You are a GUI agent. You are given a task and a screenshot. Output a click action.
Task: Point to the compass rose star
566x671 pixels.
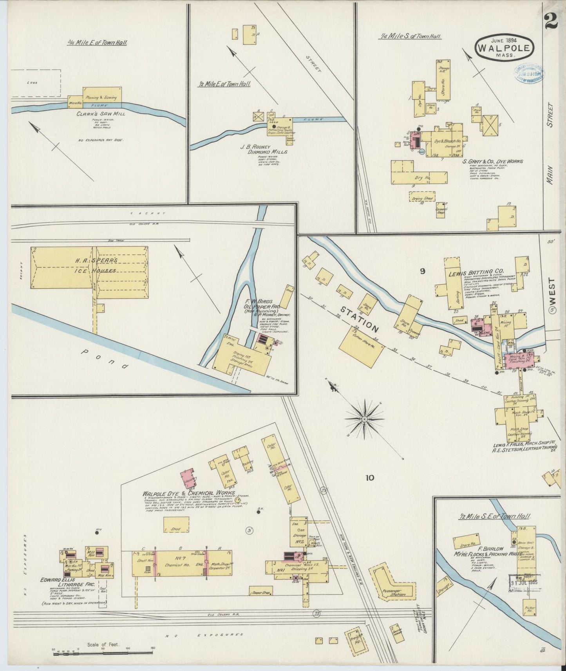coord(364,418)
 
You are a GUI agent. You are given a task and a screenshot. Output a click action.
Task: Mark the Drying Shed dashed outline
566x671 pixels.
coord(423,198)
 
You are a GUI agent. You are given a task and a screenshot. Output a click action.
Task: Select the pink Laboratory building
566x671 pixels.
coord(188,478)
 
